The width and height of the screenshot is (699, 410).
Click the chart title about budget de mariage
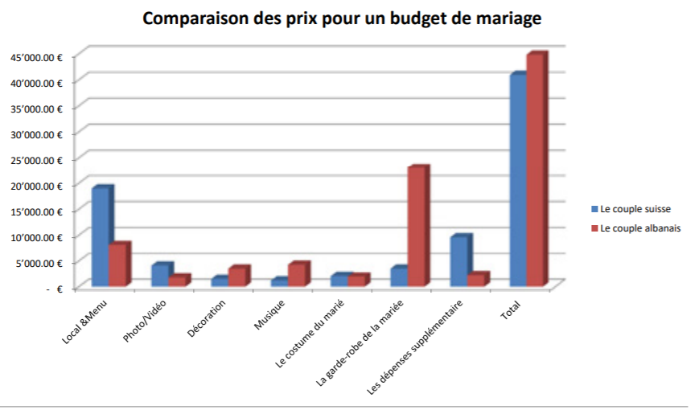[342, 18]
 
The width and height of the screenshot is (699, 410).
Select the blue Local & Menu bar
[101, 236]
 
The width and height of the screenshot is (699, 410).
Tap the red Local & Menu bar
[117, 264]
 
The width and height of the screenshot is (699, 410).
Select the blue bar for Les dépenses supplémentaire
[458, 260]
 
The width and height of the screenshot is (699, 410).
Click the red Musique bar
[297, 274]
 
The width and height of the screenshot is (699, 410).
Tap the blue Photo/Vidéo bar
[160, 274]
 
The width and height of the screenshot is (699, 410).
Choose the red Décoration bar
[236, 276]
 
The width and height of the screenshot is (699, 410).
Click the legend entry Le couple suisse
[635, 209]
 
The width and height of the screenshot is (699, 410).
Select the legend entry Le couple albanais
[640, 228]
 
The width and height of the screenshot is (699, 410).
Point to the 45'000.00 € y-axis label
[37, 56]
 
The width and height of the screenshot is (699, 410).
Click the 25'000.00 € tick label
[37, 159]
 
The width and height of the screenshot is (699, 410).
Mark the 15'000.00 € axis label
[37, 211]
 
